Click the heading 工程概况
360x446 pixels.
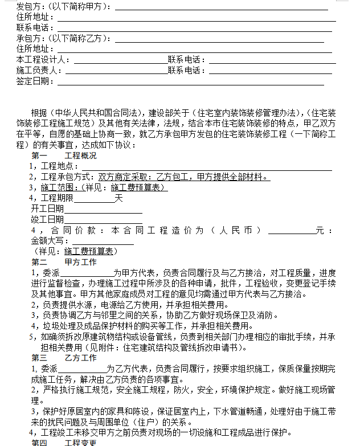point(80,156)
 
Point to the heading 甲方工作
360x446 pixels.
point(80,263)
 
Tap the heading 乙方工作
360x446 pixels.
point(80,358)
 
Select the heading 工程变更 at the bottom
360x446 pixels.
point(80,443)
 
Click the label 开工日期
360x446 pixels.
point(47,209)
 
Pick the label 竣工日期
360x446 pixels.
point(47,219)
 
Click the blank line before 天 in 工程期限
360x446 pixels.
point(95,198)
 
